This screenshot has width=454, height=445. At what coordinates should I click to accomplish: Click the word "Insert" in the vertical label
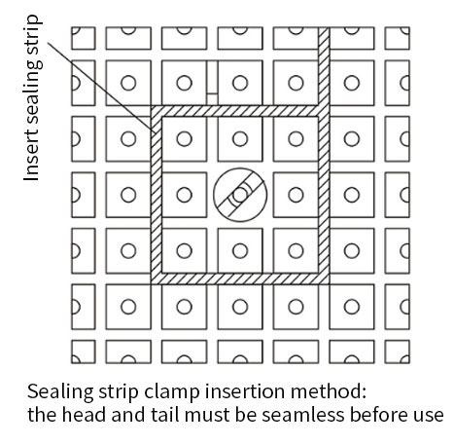click(32, 157)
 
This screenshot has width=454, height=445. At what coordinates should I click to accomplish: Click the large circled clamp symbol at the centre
click(240, 195)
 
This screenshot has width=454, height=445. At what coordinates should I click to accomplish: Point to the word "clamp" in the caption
click(172, 392)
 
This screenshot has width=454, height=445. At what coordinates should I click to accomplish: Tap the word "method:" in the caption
click(329, 391)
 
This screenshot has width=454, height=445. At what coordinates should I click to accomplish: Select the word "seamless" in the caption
click(303, 415)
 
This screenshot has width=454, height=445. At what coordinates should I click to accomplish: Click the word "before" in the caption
click(375, 414)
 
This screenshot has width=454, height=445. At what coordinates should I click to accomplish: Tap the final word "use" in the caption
click(425, 416)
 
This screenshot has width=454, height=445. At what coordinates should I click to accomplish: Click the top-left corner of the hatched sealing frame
click(152, 106)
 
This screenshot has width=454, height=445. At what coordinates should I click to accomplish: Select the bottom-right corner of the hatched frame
click(329, 284)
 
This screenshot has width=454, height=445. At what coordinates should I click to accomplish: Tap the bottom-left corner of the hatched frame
click(152, 284)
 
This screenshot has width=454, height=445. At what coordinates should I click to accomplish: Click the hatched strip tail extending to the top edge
click(324, 66)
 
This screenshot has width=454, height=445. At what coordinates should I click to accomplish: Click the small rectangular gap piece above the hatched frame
click(212, 99)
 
